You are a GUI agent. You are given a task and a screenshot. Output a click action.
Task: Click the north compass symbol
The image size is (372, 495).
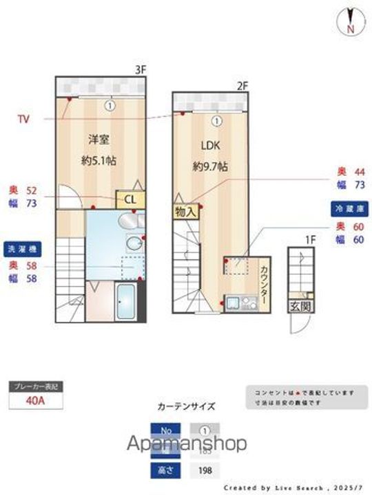tap(350, 21)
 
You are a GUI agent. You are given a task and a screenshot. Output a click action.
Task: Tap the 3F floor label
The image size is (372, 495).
tap(141, 69)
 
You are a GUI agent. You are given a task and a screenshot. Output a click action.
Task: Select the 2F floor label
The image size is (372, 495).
tap(242, 86)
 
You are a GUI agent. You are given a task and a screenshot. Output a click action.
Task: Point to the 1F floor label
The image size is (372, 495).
tap(311, 239)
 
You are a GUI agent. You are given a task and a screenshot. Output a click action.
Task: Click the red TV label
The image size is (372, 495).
tap(23, 119)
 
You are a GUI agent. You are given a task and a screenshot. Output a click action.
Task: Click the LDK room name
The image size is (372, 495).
tap(210, 146)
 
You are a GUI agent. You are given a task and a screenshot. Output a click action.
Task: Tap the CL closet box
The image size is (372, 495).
tap(130, 200)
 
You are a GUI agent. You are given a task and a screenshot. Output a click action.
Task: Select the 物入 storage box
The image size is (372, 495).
tap(185, 212)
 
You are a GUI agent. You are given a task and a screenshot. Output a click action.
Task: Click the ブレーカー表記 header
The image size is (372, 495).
tap(36, 387)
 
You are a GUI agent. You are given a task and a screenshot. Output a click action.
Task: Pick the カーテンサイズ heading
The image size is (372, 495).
tap(186, 406)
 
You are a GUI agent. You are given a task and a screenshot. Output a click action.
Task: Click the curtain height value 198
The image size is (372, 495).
tap(205, 471)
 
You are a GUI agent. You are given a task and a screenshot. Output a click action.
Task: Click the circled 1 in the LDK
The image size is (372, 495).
tap(216, 121)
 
